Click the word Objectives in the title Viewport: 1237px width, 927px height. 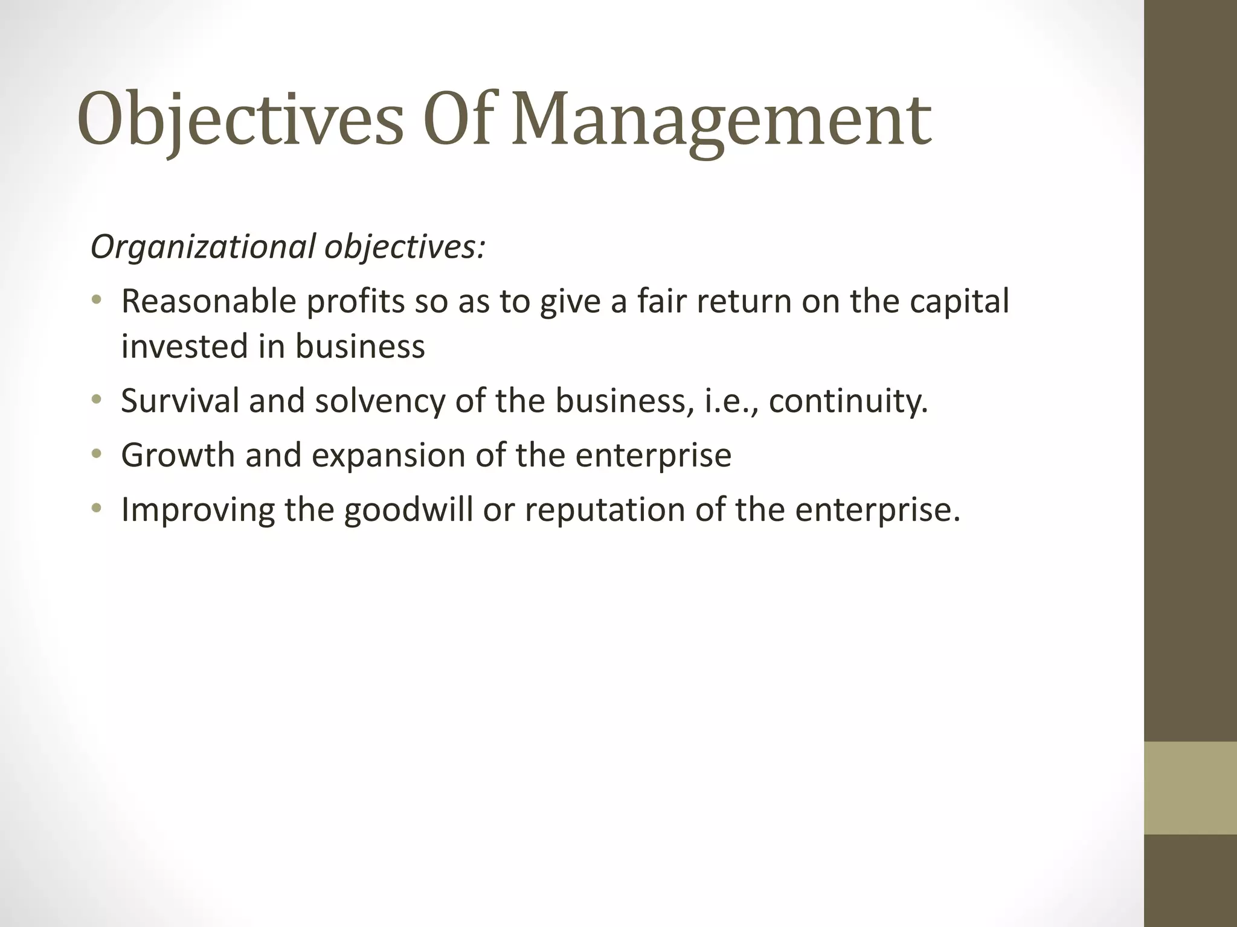tap(240, 119)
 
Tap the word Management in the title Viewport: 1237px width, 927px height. tap(721, 119)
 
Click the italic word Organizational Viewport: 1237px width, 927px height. tap(203, 247)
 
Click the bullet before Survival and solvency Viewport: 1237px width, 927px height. tap(96, 400)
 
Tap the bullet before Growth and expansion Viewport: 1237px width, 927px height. tap(96, 454)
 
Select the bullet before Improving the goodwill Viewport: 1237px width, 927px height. tap(96, 509)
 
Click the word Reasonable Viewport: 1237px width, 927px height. tap(208, 301)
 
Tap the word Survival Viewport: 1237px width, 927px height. tap(180, 400)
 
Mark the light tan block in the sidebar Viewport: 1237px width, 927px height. tap(1190, 788)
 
